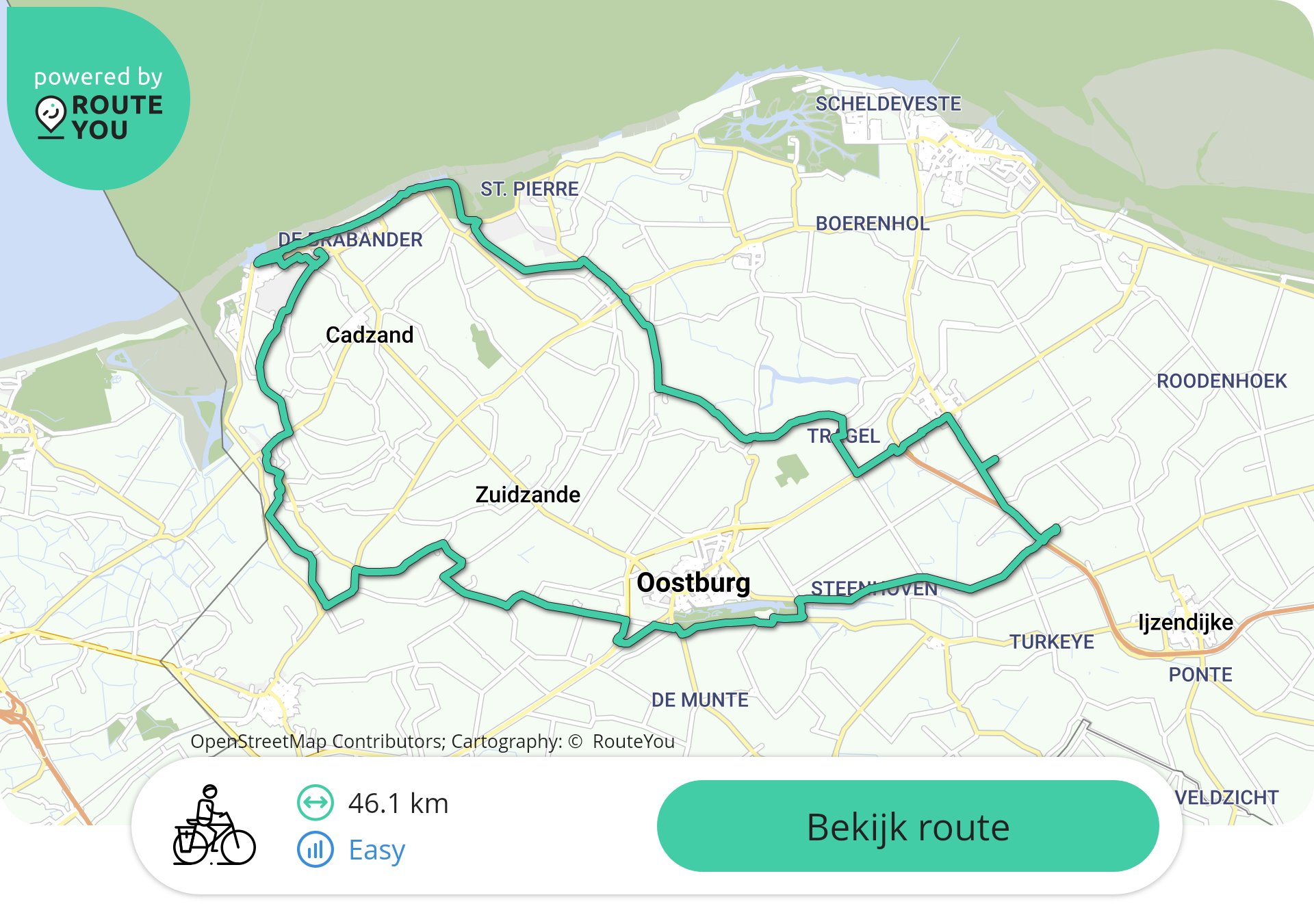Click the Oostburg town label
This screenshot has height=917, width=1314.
693,583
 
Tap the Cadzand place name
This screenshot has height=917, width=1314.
370,335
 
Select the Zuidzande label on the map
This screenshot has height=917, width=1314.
528,494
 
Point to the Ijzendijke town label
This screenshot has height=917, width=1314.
1185,622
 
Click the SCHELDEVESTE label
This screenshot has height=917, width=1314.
888,104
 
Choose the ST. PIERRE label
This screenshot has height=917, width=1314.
529,189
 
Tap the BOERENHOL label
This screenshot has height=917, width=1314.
872,224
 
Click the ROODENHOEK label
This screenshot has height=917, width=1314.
1221,381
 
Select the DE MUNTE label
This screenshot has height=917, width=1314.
699,700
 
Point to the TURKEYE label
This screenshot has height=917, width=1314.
1052,642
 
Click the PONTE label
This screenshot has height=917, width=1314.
1200,675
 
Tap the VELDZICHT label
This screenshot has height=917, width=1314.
1226,797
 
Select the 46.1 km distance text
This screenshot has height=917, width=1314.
398,803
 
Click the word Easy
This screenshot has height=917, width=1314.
377,850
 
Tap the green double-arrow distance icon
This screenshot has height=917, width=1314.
315,803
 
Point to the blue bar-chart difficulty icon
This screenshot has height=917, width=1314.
315,850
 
